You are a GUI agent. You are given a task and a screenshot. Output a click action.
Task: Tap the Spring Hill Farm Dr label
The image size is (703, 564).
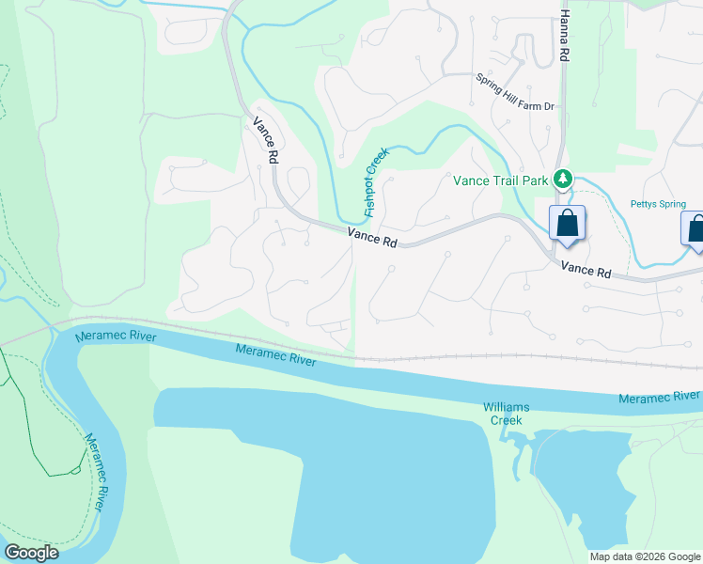coord(515,93)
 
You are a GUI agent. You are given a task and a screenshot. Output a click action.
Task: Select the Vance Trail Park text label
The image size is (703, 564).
coord(501,180)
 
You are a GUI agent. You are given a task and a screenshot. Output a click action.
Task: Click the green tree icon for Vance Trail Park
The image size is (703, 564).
coord(563,178)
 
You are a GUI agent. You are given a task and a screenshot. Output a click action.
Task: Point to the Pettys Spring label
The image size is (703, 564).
coord(658,204)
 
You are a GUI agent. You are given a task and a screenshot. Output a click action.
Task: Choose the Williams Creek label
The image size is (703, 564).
coord(507,414)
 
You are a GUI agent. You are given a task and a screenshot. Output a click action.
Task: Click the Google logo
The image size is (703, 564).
coord(31,553)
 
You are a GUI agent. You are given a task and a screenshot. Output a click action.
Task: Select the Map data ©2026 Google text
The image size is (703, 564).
coord(645,556)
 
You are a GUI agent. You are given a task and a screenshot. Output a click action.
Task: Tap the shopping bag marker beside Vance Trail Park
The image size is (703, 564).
coord(567,225)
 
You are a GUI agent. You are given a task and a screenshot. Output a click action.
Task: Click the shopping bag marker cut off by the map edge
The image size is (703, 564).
coord(695,230)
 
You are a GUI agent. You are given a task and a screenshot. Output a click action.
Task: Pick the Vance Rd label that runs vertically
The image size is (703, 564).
coord(266,141)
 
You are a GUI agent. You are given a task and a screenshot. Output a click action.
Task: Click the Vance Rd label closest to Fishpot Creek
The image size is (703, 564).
coord(372,238)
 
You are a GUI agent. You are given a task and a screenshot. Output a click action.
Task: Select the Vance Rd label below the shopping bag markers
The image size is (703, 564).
coord(586,270)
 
